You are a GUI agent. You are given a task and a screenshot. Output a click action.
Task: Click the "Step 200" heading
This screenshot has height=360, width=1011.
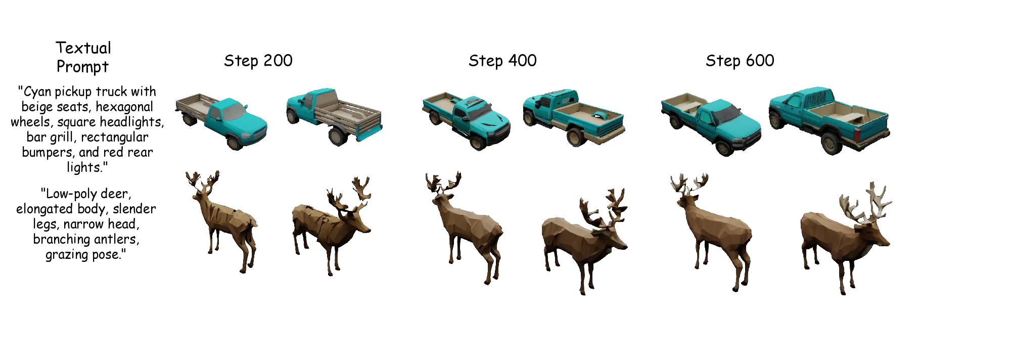(258, 61)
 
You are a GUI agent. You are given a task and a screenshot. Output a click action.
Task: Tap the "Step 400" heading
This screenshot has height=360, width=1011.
(502, 61)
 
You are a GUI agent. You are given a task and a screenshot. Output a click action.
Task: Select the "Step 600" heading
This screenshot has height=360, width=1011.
(740, 61)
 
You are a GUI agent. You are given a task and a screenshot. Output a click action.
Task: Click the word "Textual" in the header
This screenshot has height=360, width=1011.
(83, 48)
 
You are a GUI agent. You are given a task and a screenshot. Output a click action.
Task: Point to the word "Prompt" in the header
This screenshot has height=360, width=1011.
(82, 67)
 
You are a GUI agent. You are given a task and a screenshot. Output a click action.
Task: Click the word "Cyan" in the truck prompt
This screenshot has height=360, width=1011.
(37, 92)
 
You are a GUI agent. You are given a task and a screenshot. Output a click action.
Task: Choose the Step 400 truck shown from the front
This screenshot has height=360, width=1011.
(466, 120)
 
